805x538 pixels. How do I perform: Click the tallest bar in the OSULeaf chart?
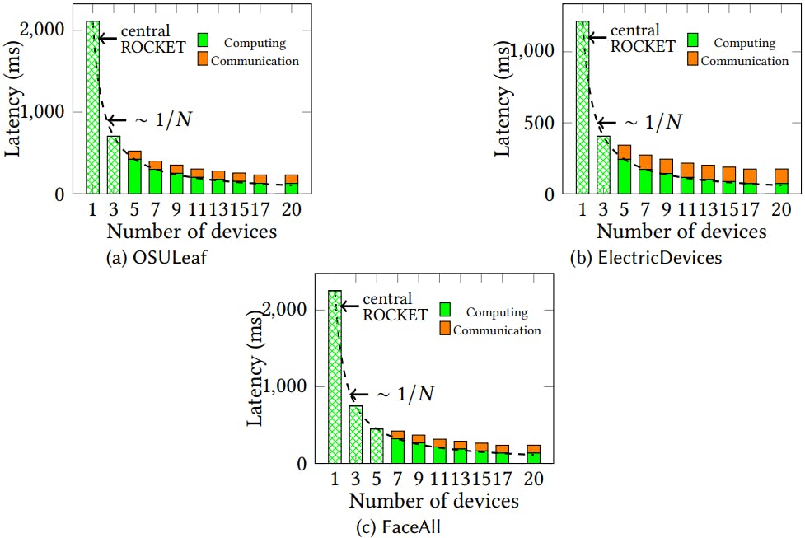click(92, 107)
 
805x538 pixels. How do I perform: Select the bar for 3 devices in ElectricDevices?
click(603, 165)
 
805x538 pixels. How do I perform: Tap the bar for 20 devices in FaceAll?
click(534, 454)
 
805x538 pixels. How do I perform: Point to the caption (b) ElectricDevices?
click(646, 258)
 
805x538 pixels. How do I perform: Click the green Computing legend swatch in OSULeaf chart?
click(204, 40)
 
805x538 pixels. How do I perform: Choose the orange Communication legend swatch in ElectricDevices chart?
click(693, 58)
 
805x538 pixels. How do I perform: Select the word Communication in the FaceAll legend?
click(497, 330)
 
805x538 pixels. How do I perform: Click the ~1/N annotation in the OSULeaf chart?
click(162, 120)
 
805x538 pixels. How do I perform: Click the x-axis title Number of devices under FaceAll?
click(433, 500)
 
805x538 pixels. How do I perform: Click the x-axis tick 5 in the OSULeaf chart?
click(134, 210)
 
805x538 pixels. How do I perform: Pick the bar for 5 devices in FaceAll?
click(377, 446)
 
